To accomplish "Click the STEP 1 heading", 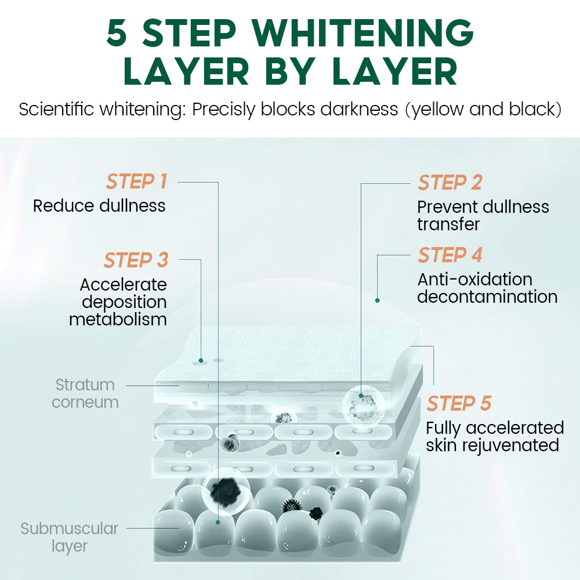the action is click(x=136, y=182).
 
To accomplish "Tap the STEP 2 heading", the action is click(x=450, y=183).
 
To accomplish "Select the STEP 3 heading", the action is click(x=136, y=260).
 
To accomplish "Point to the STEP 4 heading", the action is click(x=450, y=255).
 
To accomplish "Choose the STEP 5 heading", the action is click(x=459, y=403).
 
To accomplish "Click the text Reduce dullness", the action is click(x=99, y=205).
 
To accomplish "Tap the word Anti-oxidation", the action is click(x=474, y=280).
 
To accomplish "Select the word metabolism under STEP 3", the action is click(x=118, y=319).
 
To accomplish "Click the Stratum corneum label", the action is click(x=85, y=393).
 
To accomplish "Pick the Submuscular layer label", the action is click(x=69, y=537).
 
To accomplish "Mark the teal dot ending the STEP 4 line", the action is click(x=377, y=300).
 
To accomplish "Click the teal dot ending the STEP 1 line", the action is click(x=217, y=522).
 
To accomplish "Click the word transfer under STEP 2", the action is click(x=448, y=224).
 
